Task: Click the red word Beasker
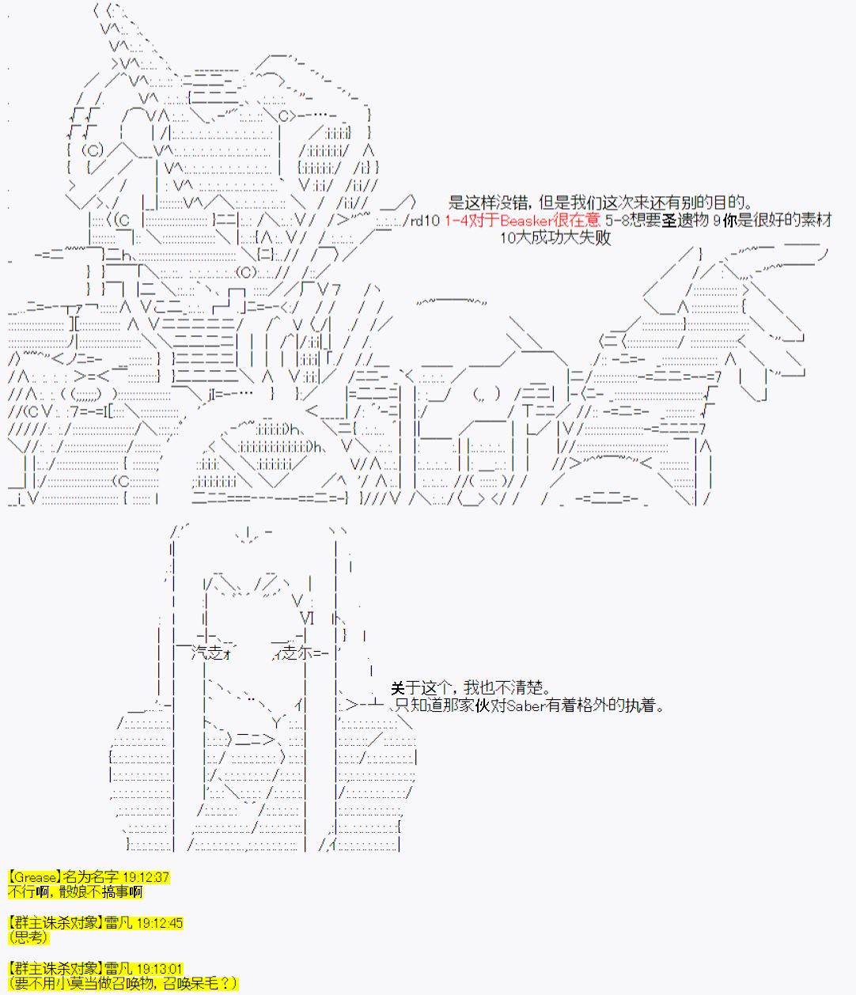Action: tap(527, 221)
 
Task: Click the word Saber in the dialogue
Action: tap(526, 706)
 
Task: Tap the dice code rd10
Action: tap(425, 221)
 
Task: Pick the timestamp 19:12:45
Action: tap(159, 923)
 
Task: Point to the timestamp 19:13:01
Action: tap(159, 969)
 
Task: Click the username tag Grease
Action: tap(36, 877)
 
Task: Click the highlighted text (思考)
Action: tap(28, 937)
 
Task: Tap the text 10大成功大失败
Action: tap(555, 237)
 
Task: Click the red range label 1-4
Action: tap(456, 221)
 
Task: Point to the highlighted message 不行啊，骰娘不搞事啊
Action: tap(75, 892)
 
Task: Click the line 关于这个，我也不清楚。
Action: tap(471, 688)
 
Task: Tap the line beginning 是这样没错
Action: tap(600, 202)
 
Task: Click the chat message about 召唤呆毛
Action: tap(123, 983)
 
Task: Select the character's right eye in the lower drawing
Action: tap(298, 653)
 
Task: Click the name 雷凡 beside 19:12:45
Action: tap(118, 923)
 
